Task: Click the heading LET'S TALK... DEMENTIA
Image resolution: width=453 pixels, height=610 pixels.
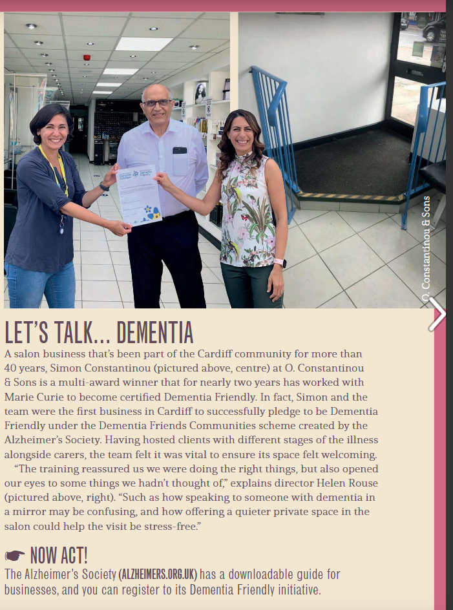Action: click(99, 332)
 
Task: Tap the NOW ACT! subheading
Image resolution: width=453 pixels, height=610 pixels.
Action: click(58, 554)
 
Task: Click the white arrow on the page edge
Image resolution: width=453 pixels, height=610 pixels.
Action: click(437, 315)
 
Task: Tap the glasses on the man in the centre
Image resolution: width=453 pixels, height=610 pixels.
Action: click(157, 103)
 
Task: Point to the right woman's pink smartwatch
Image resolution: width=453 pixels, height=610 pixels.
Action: click(280, 263)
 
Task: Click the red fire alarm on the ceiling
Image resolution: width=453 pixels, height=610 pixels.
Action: click(87, 58)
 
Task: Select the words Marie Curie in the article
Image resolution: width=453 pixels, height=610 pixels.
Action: click(32, 397)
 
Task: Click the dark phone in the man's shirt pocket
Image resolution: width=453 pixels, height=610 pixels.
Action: click(179, 151)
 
